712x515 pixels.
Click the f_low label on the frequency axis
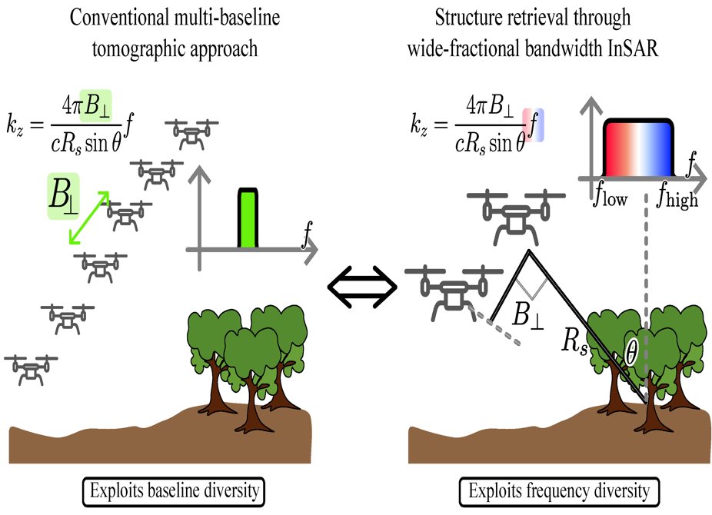(611, 198)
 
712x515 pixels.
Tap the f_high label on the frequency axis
(677, 198)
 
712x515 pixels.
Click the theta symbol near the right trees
(631, 353)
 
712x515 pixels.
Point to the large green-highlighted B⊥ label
(64, 195)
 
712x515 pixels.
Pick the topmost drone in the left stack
(191, 134)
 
